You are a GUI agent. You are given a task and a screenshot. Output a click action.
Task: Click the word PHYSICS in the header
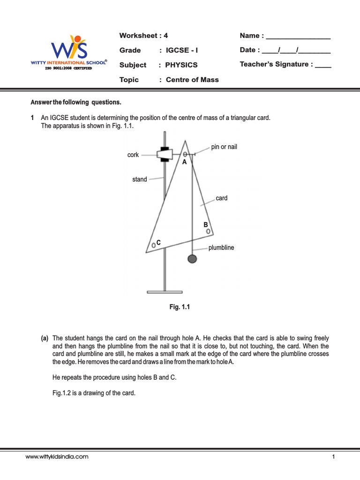(181, 65)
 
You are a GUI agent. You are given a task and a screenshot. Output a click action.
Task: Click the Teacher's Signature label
(276, 64)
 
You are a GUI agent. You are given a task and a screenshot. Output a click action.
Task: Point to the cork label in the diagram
(133, 155)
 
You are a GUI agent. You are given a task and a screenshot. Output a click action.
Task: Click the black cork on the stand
(164, 154)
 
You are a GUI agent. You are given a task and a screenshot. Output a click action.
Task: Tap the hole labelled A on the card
(185, 154)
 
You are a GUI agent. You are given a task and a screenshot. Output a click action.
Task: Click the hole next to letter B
(208, 231)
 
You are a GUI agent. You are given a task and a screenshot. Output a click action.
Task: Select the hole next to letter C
(153, 245)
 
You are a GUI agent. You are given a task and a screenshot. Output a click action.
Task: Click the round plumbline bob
(192, 258)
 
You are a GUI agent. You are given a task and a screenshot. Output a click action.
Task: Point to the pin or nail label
(224, 147)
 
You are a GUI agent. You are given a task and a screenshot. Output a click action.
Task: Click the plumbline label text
(221, 247)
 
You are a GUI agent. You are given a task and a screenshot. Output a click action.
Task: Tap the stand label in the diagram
(140, 179)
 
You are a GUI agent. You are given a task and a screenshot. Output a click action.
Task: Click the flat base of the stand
(165, 292)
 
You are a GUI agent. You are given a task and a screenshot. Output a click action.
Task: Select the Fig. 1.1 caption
(180, 307)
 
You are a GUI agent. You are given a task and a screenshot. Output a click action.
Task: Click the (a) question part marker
(45, 338)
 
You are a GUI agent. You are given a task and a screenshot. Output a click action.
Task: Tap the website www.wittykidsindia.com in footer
(57, 456)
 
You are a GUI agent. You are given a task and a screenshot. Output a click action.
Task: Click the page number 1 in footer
(333, 456)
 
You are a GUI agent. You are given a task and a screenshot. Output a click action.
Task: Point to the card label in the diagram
(222, 198)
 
